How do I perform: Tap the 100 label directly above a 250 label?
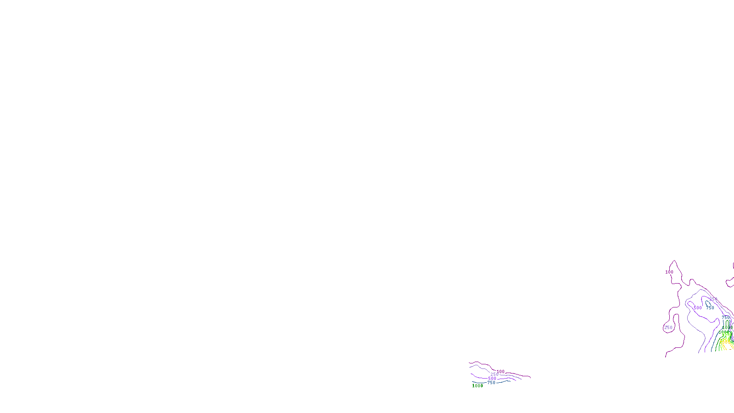point(500,372)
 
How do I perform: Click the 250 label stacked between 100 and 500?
point(495,374)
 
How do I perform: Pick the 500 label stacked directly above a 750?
point(492,379)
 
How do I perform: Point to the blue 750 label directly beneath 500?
point(491,383)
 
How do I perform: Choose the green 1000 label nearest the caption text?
point(478,386)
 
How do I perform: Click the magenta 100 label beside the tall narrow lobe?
point(669,272)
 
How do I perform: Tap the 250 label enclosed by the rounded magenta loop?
point(668,328)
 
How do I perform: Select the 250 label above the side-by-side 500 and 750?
point(713,299)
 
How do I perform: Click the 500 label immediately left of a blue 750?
point(698,308)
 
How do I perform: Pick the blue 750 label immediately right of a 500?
point(710,308)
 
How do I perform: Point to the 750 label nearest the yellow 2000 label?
point(726,318)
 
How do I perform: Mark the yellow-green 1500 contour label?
point(727,334)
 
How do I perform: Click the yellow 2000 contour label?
point(725,341)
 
